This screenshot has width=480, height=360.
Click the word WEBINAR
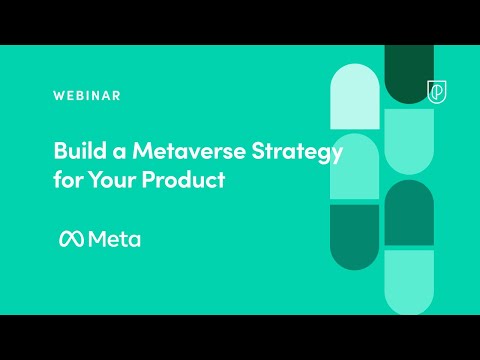87,96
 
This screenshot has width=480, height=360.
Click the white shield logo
437,91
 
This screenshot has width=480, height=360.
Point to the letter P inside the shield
437,91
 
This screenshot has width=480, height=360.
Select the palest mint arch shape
354,97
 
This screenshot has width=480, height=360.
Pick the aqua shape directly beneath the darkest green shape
408,141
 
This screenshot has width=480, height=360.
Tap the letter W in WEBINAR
58,96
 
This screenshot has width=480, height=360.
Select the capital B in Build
60,153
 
